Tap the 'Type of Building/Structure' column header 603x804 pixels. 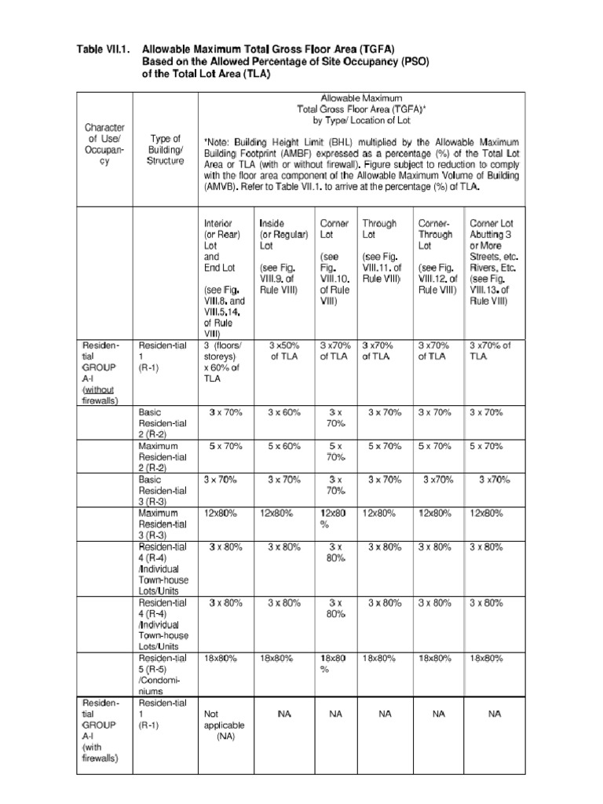click(165, 150)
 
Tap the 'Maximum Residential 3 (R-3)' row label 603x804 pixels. click(162, 524)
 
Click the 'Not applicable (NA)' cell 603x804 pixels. click(225, 725)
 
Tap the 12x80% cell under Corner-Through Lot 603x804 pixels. click(434, 513)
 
